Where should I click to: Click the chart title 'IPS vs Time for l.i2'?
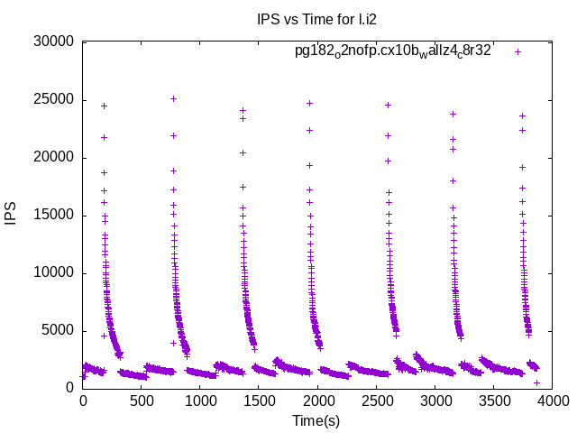314,19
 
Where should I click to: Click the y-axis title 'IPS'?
12,215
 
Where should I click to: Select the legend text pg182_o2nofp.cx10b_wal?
393,51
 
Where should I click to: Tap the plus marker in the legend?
517,51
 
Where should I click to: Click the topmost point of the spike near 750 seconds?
173,98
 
